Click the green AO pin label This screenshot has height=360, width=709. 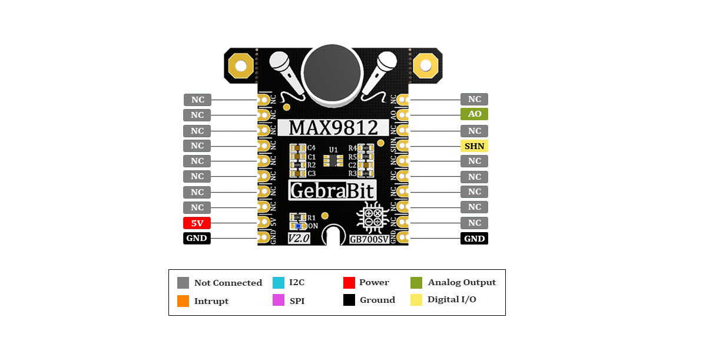click(x=474, y=114)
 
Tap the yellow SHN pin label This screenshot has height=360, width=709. click(x=474, y=146)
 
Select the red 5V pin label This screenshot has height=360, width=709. click(x=197, y=223)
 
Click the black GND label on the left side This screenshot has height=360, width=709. click(x=197, y=239)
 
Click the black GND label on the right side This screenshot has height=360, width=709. click(x=474, y=239)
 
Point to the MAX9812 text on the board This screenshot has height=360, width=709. click(x=333, y=128)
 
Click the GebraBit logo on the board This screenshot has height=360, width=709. click(x=332, y=190)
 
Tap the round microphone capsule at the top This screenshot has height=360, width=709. click(x=332, y=72)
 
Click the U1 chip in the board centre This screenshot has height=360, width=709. click(x=333, y=160)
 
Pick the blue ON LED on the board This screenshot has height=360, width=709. click(x=298, y=226)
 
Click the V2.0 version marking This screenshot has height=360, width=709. click(x=299, y=239)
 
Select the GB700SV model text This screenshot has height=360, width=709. click(x=369, y=239)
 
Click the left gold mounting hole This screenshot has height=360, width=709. click(x=241, y=66)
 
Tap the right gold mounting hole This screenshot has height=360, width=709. click(x=426, y=66)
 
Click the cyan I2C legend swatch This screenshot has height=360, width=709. click(x=279, y=283)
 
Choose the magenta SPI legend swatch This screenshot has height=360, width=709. click(x=279, y=300)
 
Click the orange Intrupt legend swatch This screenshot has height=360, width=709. click(x=183, y=301)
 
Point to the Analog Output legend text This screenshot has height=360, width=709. click(x=462, y=282)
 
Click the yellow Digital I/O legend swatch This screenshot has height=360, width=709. click(x=416, y=300)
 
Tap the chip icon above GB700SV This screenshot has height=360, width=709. click(x=373, y=217)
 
